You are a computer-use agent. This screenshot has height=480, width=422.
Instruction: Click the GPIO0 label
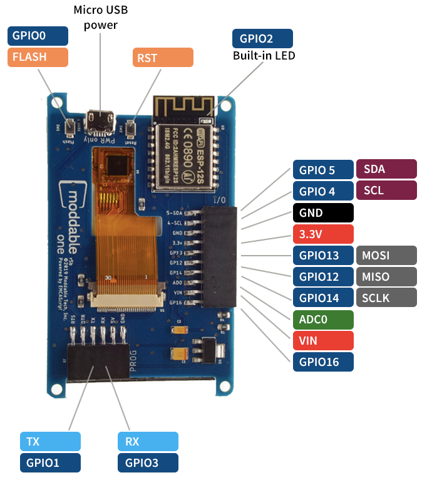click(x=37, y=35)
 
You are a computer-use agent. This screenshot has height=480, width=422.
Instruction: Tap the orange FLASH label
click(x=37, y=57)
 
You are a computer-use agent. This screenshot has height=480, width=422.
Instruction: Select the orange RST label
click(x=163, y=58)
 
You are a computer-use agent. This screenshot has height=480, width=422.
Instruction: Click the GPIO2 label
click(x=262, y=38)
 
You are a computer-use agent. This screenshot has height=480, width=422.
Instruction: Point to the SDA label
click(x=386, y=169)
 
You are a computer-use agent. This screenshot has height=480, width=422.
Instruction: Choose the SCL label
click(x=386, y=190)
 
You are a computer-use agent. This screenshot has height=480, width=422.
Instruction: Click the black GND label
click(x=322, y=212)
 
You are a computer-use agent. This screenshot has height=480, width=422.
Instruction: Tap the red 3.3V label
click(x=322, y=234)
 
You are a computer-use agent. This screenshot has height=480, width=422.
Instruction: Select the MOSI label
click(x=386, y=256)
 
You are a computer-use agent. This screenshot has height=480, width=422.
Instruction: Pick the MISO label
click(x=386, y=277)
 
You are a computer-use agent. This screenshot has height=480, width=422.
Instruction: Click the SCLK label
click(x=386, y=298)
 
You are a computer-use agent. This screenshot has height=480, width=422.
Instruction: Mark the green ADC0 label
click(x=322, y=320)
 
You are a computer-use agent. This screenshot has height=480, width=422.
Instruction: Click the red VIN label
click(x=322, y=341)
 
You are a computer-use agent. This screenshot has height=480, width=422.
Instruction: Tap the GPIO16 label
click(x=322, y=362)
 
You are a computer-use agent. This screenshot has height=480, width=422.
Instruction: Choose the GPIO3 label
click(x=148, y=463)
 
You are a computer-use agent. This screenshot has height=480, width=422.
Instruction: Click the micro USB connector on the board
click(x=100, y=121)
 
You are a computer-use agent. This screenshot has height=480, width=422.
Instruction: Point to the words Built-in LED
click(x=264, y=56)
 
